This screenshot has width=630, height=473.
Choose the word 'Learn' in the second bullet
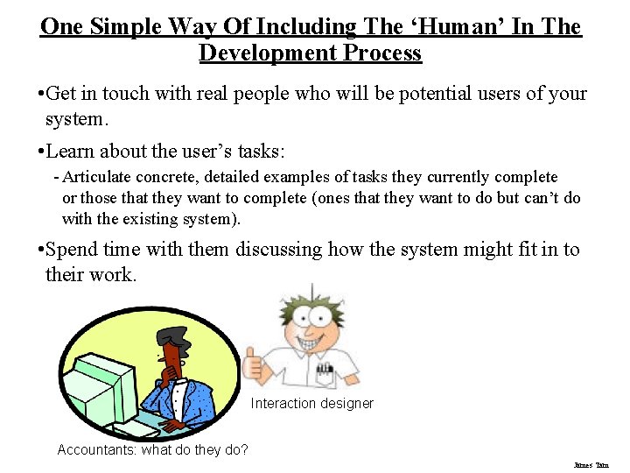(72, 151)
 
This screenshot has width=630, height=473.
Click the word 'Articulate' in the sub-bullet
(99, 177)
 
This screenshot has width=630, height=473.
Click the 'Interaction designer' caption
(312, 404)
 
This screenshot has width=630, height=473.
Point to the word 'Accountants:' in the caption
(96, 450)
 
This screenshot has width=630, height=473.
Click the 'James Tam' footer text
(591, 465)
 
